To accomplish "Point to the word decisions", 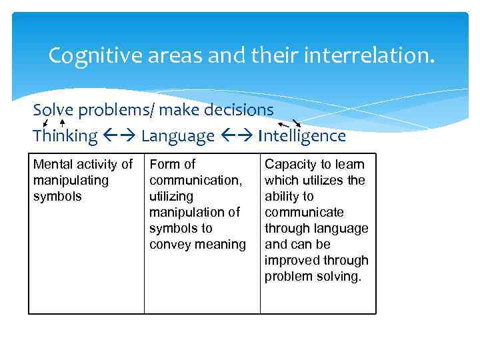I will coord(237,109).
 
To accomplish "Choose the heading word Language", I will coord(178,136).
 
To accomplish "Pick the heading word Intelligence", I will coord(303,136).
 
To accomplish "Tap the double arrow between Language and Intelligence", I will coord(237,137).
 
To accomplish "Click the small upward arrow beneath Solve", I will coord(62,122).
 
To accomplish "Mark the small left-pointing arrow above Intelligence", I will coord(283,124).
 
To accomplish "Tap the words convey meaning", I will coord(197,244).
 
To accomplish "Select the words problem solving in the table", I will coord(313,276).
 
